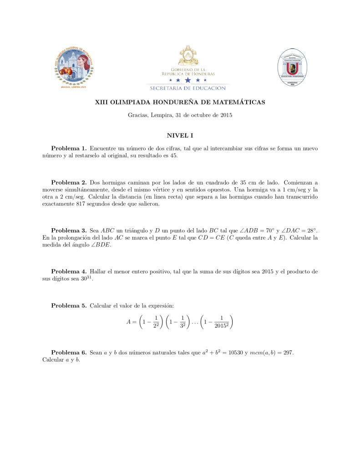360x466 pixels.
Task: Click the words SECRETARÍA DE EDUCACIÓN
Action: pyautogui.click(x=188, y=88)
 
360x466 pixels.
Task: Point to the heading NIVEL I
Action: pyautogui.click(x=180, y=135)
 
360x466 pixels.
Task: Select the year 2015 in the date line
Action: pyautogui.click(x=226, y=115)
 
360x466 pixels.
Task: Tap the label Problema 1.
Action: pyautogui.click(x=69, y=149)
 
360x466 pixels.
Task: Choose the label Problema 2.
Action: pyautogui.click(x=69, y=182)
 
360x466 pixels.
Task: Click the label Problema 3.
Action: pyautogui.click(x=69, y=230)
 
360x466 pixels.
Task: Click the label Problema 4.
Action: pyautogui.click(x=69, y=271)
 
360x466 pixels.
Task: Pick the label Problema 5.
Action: pyautogui.click(x=69, y=305)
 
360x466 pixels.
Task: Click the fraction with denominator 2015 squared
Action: pyautogui.click(x=221, y=322)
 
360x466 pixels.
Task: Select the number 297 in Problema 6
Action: pyautogui.click(x=293, y=353)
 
